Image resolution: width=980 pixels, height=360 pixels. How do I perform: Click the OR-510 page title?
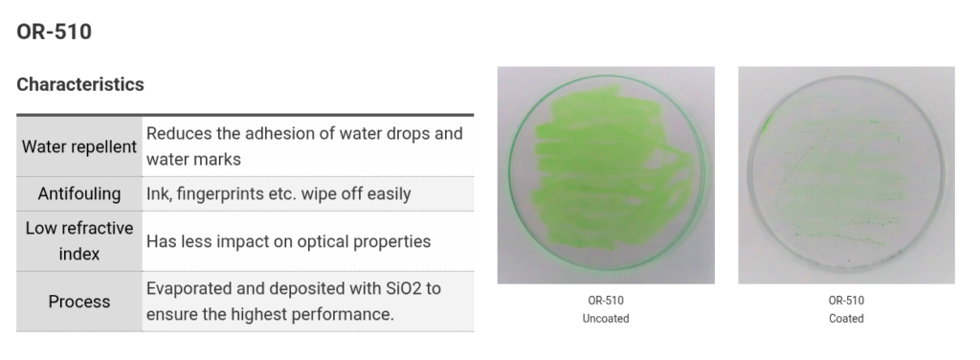click(x=54, y=32)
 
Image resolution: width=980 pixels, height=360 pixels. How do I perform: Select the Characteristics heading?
click(x=80, y=84)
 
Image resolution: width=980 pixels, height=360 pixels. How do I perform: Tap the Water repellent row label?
click(x=79, y=146)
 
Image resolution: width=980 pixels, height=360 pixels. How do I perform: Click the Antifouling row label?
click(x=79, y=193)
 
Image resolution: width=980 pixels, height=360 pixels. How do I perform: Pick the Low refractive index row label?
click(x=79, y=241)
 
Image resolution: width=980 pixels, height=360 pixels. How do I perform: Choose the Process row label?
click(x=79, y=302)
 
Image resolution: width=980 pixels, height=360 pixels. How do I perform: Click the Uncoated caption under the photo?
click(x=606, y=318)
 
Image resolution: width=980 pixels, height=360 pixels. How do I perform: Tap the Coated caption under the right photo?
click(x=846, y=318)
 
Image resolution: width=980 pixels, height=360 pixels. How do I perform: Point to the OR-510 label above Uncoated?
click(x=606, y=301)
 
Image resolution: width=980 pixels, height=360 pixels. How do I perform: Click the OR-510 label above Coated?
click(x=846, y=301)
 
